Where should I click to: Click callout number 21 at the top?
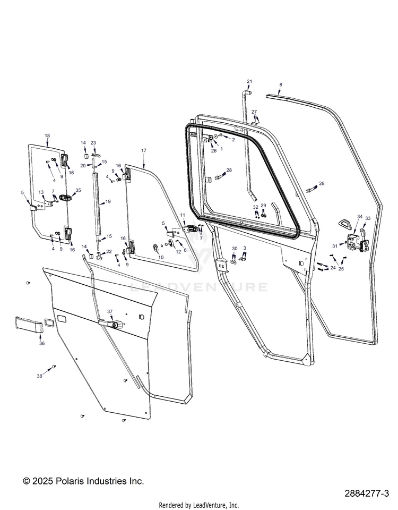[x=249, y=81]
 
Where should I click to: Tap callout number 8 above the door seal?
[x=281, y=84]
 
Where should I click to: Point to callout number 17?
[x=143, y=151]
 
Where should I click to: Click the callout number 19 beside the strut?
[x=108, y=202]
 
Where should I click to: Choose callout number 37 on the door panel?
[x=110, y=311]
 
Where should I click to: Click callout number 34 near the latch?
[x=359, y=217]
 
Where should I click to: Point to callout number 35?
[x=78, y=190]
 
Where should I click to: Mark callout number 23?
[x=93, y=143]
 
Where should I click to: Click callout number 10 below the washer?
[x=161, y=257]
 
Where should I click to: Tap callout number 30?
[x=235, y=249]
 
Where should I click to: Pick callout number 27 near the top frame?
[x=254, y=112]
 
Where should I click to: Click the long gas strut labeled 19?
[x=97, y=202]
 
